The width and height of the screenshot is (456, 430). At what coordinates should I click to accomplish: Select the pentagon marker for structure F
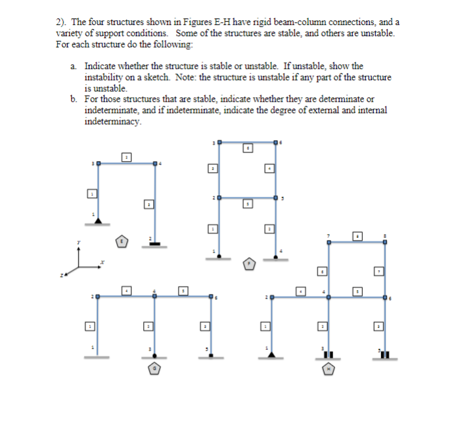coord(249,264)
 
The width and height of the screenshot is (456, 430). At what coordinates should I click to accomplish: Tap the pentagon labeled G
coord(154,369)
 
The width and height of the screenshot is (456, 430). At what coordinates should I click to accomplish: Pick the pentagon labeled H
coord(328,370)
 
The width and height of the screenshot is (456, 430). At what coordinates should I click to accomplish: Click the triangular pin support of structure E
coord(98,220)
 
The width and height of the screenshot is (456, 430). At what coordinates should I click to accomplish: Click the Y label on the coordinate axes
coord(79,242)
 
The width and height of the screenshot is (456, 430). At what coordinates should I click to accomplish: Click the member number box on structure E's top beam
coord(127,156)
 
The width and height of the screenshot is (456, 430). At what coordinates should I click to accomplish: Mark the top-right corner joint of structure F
coord(275,142)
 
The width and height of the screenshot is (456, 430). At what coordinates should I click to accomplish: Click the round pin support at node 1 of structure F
coord(219,255)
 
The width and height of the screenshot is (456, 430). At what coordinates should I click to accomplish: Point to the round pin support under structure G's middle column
coord(155,356)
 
